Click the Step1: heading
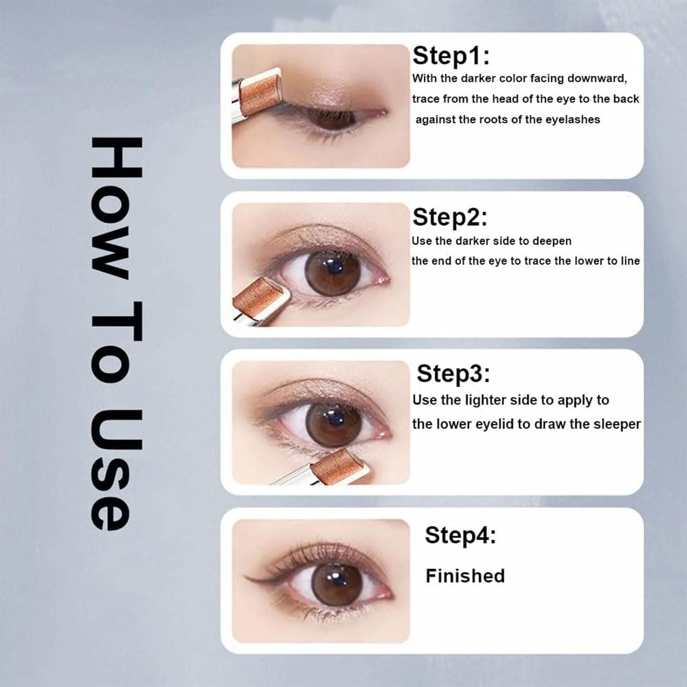[x=451, y=56]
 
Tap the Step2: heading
[x=450, y=217]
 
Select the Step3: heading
[x=453, y=374]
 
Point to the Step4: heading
[x=460, y=535]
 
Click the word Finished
[x=465, y=576]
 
